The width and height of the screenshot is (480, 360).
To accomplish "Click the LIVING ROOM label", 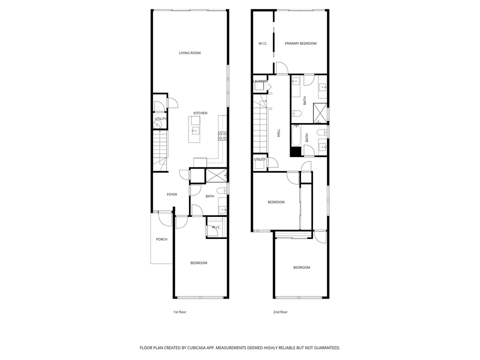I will point(190,52).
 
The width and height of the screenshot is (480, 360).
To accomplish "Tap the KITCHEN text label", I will point(200,113).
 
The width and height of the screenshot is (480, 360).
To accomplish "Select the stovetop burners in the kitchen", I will point(222,135).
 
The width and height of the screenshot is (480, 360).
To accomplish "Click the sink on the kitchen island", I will point(195,131).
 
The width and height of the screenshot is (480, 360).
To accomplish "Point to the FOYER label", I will point(172,194).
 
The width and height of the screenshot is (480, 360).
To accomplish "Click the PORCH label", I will point(161,239).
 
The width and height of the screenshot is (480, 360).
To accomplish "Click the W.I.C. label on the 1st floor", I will point(216,227).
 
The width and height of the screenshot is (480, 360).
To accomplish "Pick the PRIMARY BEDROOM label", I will point(300,43).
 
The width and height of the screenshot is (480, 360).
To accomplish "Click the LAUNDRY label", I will point(260,81).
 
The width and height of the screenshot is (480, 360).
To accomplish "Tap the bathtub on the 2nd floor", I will point(296,135).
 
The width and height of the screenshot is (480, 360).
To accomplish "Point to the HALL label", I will point(278,133).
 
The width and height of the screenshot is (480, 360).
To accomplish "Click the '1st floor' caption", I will point(179,312).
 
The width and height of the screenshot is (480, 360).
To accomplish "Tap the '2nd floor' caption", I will point(280,312).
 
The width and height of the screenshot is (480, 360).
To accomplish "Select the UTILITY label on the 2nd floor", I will point(260,159).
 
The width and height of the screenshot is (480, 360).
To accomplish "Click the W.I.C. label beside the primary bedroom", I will point(263,43).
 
